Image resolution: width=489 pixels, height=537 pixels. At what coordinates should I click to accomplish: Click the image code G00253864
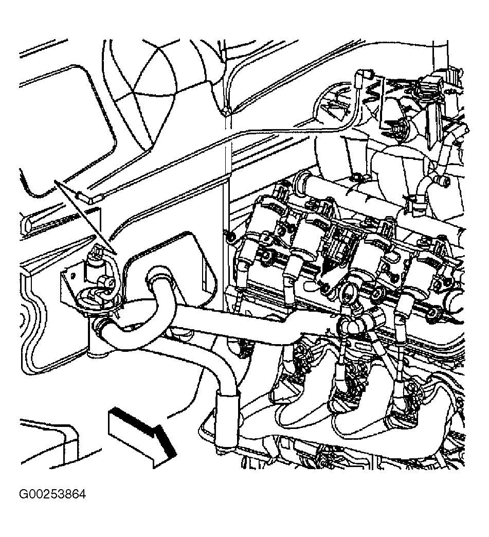coord(52,495)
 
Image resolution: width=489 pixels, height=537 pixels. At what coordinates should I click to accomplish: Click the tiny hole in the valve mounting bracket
coord(73,274)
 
